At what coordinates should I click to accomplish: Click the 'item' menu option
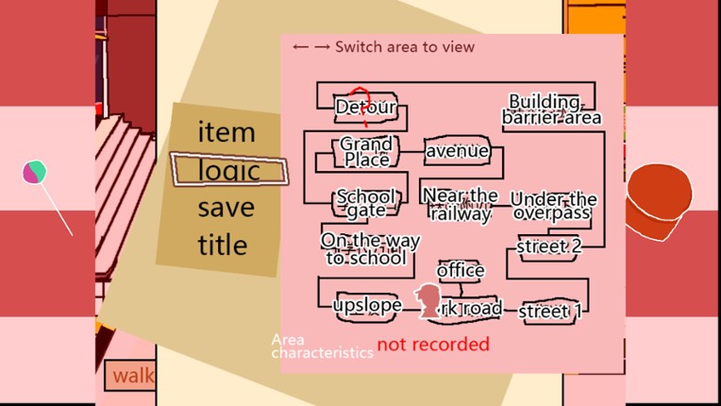pos(226,132)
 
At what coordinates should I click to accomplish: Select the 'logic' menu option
pos(228,170)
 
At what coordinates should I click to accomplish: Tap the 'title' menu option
pos(223,245)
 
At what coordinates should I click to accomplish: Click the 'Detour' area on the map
pos(365,108)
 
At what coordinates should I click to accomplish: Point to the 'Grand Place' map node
pos(366,151)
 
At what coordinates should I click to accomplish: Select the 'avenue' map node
pos(457,151)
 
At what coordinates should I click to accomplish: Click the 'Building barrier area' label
pos(551,110)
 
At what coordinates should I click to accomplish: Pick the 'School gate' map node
pos(366,203)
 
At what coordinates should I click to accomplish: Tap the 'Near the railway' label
pos(461,204)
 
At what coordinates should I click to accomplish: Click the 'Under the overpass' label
pos(553,206)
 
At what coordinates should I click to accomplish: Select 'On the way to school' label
pos(364,248)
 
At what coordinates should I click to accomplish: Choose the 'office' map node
pos(461,271)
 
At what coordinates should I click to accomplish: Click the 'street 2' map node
pos(549,247)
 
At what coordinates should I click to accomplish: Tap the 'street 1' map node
pos(551,311)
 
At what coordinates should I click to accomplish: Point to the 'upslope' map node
pos(367,305)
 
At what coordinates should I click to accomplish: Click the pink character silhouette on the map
pos(430,301)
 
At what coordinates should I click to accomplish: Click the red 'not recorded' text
pos(433,344)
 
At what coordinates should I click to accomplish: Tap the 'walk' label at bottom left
pos(133,376)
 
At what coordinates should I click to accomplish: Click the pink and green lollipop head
pos(35,172)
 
